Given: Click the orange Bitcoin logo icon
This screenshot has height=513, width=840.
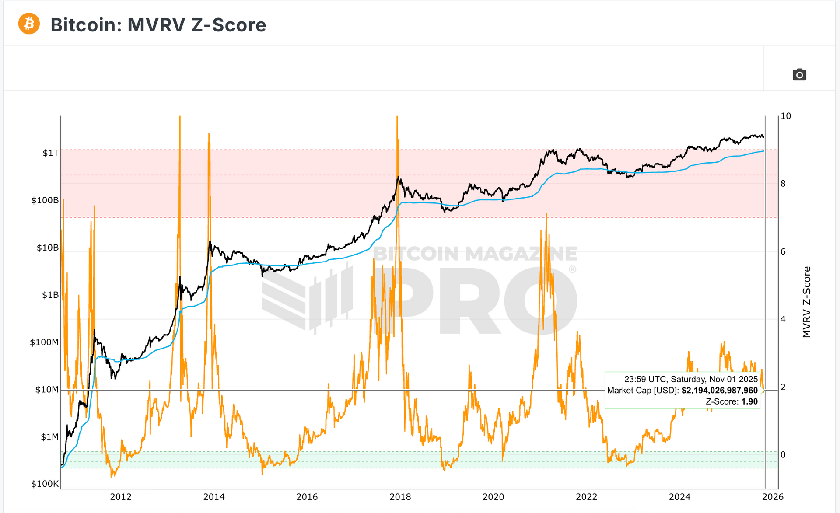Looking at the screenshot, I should (29, 24).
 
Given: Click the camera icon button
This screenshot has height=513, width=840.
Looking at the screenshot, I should (799, 75).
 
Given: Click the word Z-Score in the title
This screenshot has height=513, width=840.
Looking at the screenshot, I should (228, 25).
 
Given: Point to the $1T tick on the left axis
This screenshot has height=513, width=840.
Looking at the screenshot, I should (50, 153).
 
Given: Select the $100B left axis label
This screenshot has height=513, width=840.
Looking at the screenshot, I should (45, 200).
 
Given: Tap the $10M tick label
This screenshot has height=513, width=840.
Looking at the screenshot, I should (46, 389).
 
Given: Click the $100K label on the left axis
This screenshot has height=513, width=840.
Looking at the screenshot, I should (45, 484).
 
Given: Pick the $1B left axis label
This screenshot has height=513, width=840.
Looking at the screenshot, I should (50, 295).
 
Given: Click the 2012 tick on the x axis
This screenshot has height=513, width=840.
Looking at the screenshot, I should (120, 497).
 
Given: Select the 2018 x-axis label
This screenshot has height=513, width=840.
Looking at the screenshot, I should (400, 497).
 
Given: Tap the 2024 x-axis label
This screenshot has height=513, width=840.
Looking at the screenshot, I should (679, 497).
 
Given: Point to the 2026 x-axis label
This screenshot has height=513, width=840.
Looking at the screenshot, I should (773, 497).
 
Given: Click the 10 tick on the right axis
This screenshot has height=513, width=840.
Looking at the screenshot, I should (786, 116).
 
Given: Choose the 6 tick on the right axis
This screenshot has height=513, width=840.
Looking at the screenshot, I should (783, 251).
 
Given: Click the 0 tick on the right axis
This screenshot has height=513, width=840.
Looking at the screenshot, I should (783, 455).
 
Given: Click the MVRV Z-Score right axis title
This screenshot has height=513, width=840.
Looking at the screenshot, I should (807, 302).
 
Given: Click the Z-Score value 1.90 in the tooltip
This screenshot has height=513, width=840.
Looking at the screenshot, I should (749, 401).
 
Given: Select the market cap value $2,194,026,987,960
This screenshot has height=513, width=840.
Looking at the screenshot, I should (719, 391).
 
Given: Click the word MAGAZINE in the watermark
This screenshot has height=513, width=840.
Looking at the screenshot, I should (521, 254).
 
